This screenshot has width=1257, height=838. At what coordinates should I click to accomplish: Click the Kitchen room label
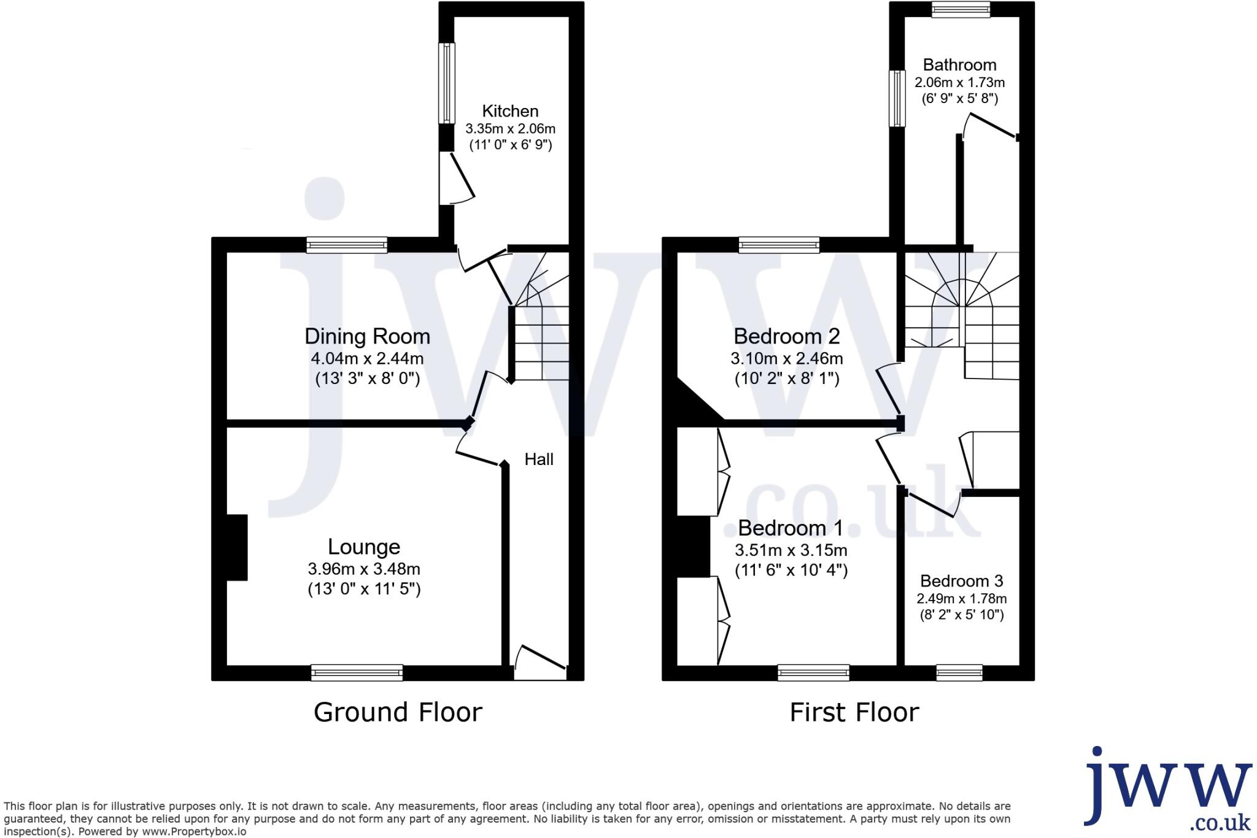point(510,111)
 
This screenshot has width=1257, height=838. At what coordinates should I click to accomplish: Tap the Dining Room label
point(367,336)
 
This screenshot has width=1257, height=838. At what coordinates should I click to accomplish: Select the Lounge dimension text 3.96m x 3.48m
point(364,569)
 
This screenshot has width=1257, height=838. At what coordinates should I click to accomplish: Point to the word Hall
point(539,459)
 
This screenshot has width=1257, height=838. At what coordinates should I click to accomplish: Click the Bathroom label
point(959,64)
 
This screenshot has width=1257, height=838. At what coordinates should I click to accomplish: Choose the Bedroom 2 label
point(786,336)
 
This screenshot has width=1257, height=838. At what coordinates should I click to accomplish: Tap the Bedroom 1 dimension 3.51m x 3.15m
point(791,550)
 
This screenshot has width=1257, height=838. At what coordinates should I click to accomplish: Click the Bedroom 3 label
point(961,580)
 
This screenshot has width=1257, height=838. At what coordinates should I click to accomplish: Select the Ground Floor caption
point(398,712)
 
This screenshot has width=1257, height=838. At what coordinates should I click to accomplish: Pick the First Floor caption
point(854,712)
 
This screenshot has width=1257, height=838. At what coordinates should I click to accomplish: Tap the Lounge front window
point(357,672)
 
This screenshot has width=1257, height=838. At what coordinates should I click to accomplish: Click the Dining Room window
point(347,245)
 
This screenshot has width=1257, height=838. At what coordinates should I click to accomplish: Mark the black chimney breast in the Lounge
point(237,547)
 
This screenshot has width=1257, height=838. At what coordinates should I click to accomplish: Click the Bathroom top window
point(960,9)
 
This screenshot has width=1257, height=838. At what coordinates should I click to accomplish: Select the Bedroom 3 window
point(959,672)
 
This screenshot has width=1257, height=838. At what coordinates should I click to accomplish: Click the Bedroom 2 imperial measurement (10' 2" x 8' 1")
point(786,379)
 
